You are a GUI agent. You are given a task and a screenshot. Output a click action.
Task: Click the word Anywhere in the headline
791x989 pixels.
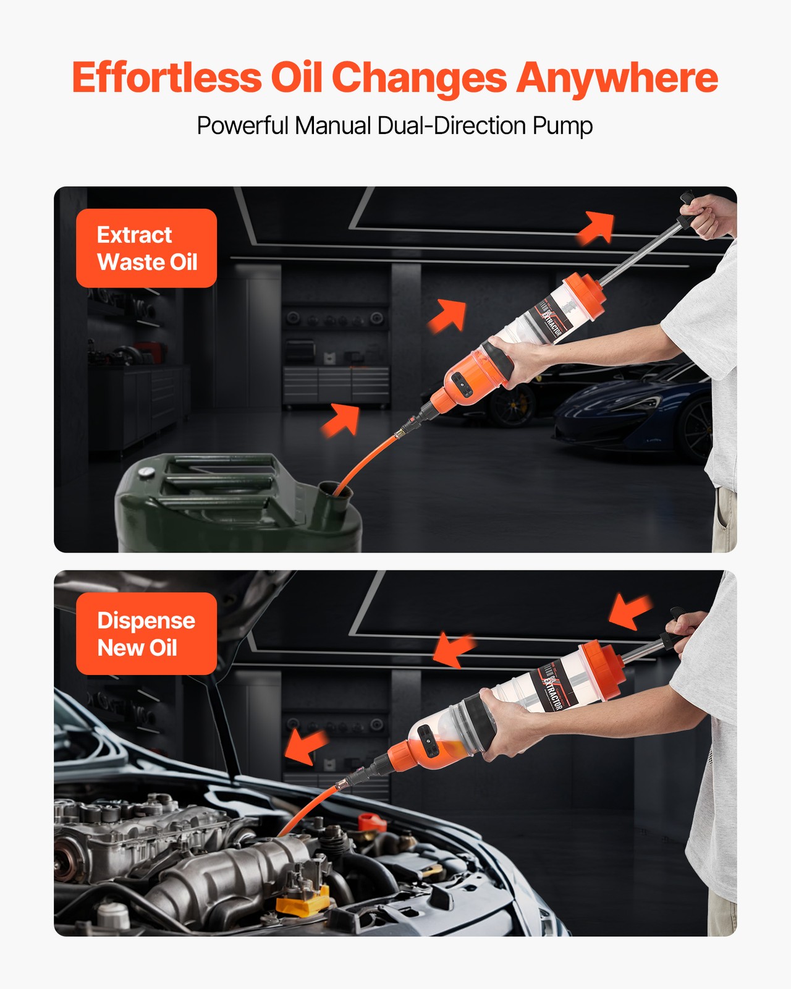pos(617,79)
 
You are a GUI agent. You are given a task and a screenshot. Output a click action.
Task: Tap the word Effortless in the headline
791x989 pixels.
pos(166,79)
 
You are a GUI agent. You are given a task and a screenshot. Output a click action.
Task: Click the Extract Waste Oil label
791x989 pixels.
pos(146,248)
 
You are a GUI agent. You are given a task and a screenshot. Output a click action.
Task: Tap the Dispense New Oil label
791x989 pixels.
pos(146,634)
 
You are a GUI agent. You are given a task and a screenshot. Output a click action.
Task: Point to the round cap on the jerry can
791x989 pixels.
pos(146,472)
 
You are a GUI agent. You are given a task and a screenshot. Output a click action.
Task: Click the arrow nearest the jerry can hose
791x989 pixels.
pos(341,420)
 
